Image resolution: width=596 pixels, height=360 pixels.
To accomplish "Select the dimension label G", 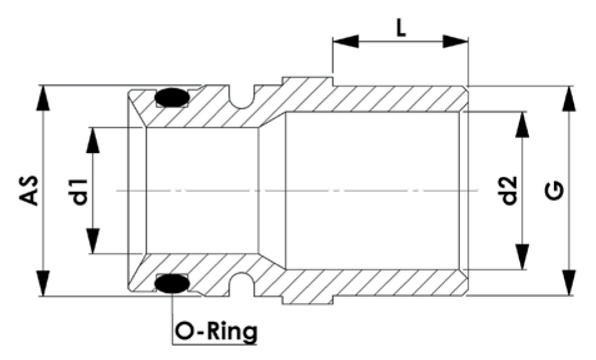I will pos(556,191).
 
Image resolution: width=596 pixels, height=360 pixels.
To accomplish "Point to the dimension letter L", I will pos(400,28).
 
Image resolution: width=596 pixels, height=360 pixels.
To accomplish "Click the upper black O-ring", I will pos(171,98).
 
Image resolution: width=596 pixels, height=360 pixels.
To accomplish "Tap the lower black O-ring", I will pos(171,283).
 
